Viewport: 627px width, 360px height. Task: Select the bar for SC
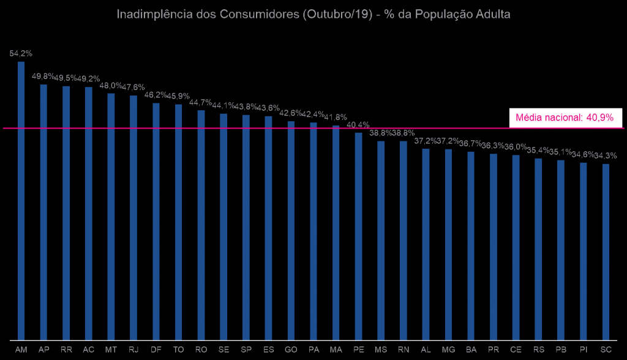tap(606, 252)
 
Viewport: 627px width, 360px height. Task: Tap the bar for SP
tap(246, 227)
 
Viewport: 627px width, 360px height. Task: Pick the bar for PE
tap(358, 236)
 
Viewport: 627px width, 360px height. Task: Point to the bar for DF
tap(156, 221)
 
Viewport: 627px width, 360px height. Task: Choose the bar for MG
tap(448, 244)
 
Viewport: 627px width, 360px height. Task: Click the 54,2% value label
tap(21, 53)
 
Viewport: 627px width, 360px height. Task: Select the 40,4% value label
tap(358, 125)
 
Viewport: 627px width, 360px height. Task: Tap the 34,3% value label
tap(606, 156)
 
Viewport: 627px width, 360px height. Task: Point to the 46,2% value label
tap(156, 95)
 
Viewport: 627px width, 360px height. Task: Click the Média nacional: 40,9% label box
tap(565, 118)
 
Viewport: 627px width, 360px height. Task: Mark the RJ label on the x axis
tap(133, 350)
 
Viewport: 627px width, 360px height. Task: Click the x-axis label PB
tap(561, 350)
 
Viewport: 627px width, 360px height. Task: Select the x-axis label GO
tap(291, 350)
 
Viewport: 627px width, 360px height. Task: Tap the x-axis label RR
tap(66, 350)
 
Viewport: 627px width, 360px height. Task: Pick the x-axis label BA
tap(471, 350)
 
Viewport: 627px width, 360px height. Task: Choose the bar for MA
tap(336, 233)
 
